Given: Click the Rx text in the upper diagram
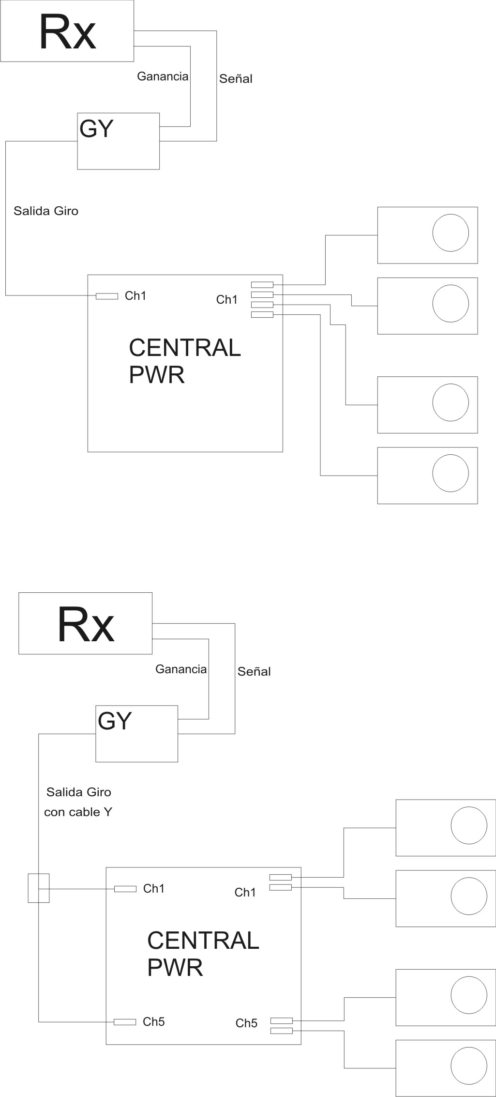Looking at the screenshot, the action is (x=67, y=32).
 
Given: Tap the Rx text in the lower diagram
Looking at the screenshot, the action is (x=86, y=625).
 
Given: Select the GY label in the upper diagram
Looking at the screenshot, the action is (x=96, y=128).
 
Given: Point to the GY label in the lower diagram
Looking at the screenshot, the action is (x=115, y=721).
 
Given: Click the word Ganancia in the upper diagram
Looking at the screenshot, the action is (x=163, y=76).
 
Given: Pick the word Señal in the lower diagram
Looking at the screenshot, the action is (x=254, y=671).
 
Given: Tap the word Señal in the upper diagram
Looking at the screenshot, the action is (x=236, y=78).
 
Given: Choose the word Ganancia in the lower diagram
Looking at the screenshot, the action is (x=181, y=669).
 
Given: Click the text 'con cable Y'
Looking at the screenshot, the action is (x=78, y=812).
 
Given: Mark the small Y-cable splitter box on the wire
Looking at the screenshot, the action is (x=39, y=888).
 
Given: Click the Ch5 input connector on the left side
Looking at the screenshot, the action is (x=125, y=1022).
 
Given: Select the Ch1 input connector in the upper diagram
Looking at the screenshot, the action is (x=107, y=296).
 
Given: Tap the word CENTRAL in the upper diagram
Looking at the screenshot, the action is (x=185, y=348).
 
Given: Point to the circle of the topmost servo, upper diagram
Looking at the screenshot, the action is (x=451, y=233).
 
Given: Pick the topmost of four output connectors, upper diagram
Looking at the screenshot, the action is (x=262, y=285).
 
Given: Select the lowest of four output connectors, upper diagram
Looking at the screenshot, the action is (x=262, y=315).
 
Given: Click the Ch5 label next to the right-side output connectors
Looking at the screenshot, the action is (x=246, y=1023).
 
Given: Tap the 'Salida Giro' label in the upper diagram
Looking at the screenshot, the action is (x=46, y=211).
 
